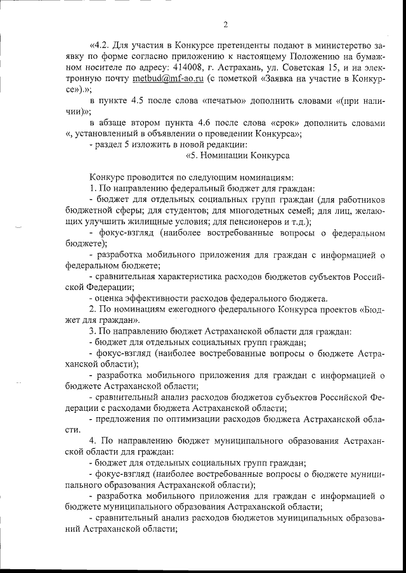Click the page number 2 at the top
[226, 25]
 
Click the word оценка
[107, 298]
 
